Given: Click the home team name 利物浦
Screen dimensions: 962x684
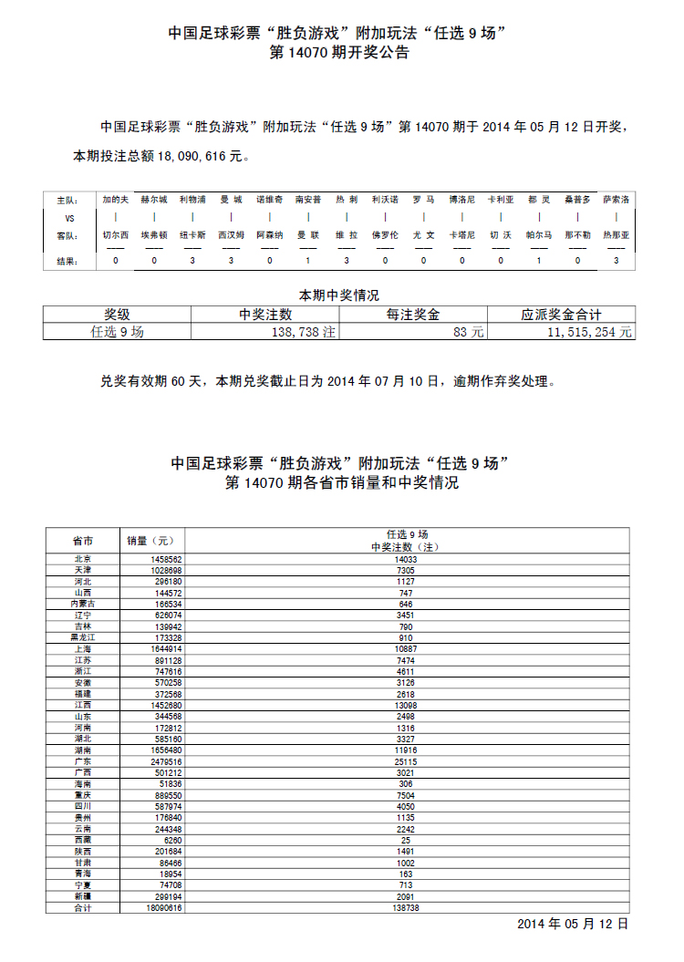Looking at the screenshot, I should coord(192,199).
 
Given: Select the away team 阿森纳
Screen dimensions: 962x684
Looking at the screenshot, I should coord(269,234).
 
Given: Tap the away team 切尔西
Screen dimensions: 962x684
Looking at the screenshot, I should coord(116,234).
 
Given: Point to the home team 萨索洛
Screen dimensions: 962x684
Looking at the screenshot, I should coord(616,199).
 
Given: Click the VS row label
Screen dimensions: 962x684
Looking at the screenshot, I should coord(69,218).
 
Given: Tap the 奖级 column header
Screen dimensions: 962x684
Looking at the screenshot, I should coord(117,315).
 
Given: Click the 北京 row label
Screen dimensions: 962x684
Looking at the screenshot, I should coord(82,559).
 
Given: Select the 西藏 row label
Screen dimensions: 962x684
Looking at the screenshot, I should coord(82,839).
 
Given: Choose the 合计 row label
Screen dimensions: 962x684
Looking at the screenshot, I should coord(82,908).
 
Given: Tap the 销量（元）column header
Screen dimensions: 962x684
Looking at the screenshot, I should coord(155,540).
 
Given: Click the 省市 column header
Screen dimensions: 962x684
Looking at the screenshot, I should coord(82,540).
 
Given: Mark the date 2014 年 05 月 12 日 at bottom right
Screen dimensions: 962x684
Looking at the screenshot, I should coord(573,924).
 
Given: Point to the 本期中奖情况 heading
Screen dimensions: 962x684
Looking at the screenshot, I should coord(339,295).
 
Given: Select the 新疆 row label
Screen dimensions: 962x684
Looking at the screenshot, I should coord(82,896).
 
